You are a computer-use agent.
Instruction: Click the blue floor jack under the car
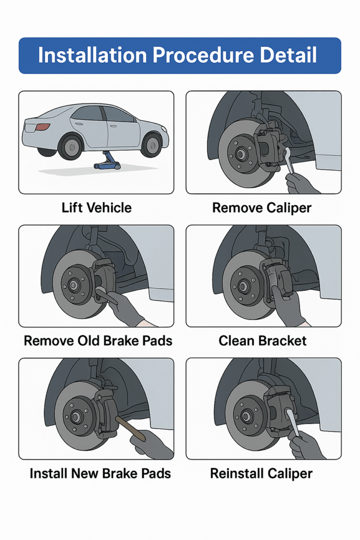108,161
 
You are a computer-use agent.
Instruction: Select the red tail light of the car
43,127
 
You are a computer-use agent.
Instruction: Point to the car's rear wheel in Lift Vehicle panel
71,147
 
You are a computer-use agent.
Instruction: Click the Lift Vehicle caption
96,207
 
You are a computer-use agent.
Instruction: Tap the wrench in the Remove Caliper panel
289,160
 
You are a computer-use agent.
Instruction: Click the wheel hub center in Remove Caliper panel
240,155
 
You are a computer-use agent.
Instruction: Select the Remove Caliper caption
262,207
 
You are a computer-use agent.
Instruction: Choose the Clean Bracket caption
262,341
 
